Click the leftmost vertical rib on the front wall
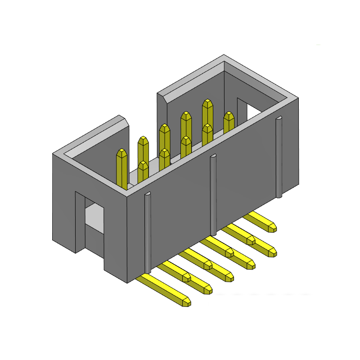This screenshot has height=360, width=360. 147,234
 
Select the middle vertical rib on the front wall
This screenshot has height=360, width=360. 213,193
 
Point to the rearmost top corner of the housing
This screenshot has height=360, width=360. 224,56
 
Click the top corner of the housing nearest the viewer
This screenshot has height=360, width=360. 127,197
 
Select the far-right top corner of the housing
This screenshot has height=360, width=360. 297,98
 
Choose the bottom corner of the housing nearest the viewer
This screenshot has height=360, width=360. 127,283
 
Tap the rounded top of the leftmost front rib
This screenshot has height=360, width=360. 147,194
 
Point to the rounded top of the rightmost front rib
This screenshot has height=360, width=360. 279,118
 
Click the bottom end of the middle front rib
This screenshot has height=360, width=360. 213,232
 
